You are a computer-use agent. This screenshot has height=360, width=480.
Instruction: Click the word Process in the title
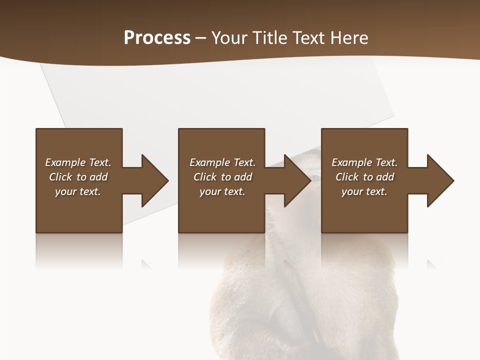pyautogui.click(x=157, y=38)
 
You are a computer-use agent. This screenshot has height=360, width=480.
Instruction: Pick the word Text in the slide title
pyautogui.click(x=307, y=38)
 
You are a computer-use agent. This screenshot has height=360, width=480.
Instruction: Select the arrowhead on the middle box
pyautogui.click(x=297, y=180)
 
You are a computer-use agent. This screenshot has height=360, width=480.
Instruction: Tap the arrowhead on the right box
pyautogui.click(x=439, y=180)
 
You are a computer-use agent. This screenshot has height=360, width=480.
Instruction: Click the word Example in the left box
pyautogui.click(x=65, y=162)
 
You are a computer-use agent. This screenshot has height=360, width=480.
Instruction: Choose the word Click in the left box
pyautogui.click(x=60, y=177)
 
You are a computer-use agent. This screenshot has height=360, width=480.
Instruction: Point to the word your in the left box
pyautogui.click(x=65, y=191)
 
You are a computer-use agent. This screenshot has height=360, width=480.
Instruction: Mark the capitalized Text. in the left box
pyautogui.click(x=100, y=162)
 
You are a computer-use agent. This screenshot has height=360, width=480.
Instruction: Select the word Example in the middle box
pyautogui.click(x=210, y=162)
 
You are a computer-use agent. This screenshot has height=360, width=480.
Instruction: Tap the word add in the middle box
pyautogui.click(x=243, y=177)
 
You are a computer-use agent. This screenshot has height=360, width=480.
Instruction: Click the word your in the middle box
pyautogui.click(x=210, y=191)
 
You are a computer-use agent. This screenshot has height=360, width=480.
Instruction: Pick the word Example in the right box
pyautogui.click(x=352, y=162)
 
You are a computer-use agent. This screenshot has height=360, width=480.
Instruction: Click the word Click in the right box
pyautogui.click(x=347, y=177)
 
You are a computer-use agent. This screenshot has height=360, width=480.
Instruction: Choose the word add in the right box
pyautogui.click(x=385, y=177)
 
